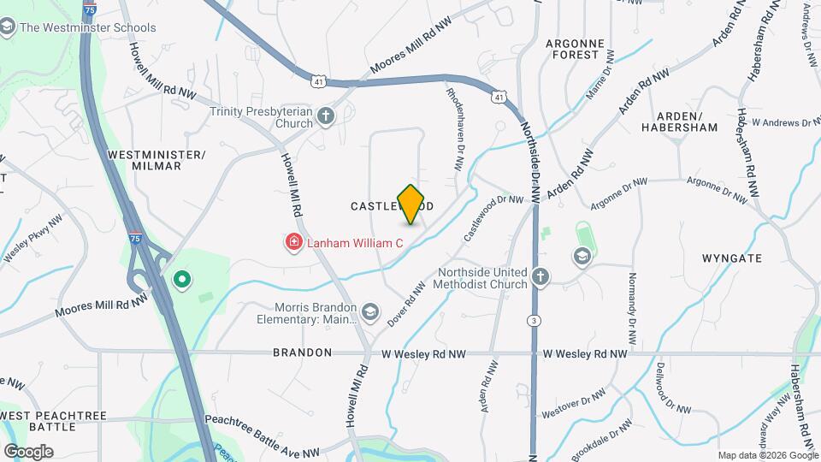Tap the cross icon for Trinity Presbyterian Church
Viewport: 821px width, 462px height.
click(x=325, y=116)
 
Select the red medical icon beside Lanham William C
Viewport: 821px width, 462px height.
click(x=293, y=244)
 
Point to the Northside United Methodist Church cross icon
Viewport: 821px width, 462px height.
click(x=540, y=276)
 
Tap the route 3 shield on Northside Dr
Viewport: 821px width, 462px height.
click(x=535, y=320)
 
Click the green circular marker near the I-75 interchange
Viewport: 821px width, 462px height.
click(x=181, y=279)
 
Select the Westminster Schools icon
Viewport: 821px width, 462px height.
click(x=8, y=27)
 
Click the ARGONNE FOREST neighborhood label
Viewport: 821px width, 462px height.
click(x=576, y=49)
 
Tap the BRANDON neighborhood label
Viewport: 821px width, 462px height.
click(x=303, y=352)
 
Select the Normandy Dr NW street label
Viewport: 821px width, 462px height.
click(x=633, y=309)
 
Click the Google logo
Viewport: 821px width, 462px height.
click(x=27, y=452)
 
